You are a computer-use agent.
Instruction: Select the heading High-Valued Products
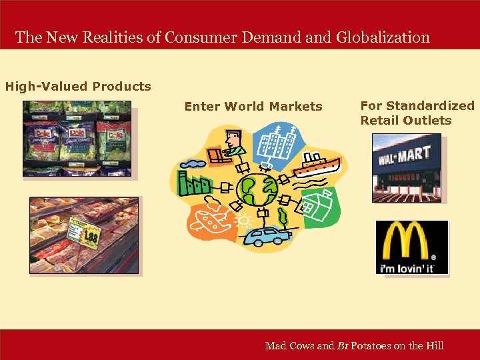point(78,86)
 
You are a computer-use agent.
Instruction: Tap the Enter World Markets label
point(253,106)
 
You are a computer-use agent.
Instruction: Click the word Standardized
point(430,105)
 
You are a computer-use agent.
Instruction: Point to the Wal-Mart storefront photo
point(407,167)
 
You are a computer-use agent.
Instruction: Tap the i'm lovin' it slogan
point(407,268)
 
